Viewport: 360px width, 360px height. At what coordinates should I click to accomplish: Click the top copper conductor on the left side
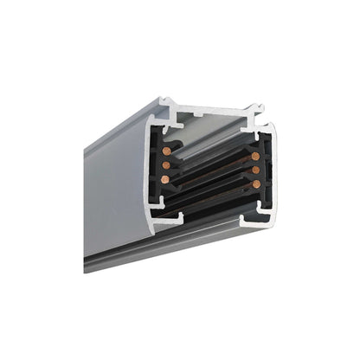click(165, 151)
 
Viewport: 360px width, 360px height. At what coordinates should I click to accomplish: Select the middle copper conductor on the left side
click(165, 164)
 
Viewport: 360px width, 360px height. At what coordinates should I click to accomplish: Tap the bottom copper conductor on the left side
click(165, 179)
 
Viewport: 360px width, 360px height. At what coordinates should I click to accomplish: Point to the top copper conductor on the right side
click(255, 156)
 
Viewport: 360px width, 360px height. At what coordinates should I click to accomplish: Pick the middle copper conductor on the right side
click(255, 170)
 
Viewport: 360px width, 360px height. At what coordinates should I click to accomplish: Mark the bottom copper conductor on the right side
click(255, 184)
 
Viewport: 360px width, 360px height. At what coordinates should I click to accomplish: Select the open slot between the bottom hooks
click(208, 216)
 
